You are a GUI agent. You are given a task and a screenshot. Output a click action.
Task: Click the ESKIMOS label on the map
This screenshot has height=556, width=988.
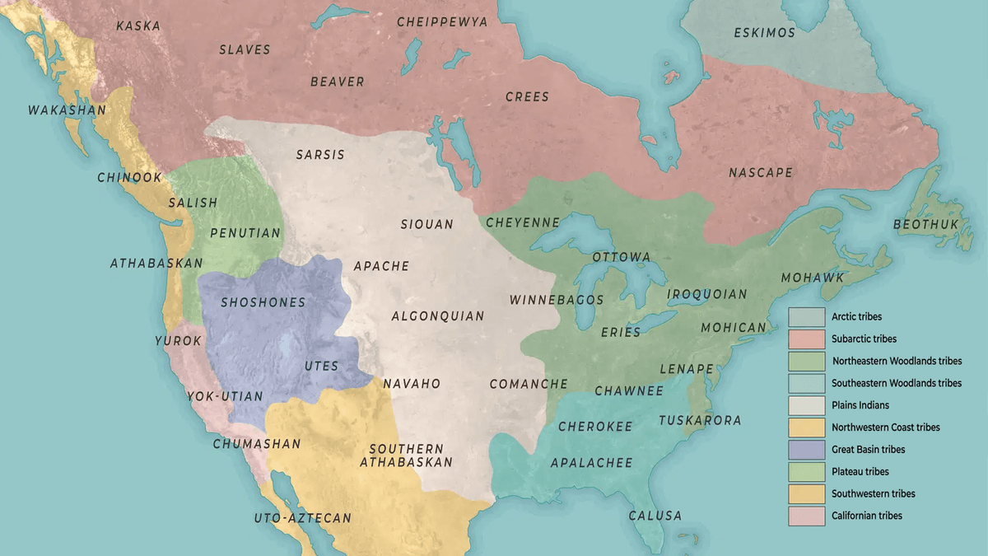pyautogui.click(x=764, y=33)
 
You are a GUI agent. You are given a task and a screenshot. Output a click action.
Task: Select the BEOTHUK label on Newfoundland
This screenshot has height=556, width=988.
pyautogui.click(x=927, y=224)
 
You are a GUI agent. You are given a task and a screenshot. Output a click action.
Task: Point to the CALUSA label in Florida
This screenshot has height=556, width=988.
pyautogui.click(x=655, y=516)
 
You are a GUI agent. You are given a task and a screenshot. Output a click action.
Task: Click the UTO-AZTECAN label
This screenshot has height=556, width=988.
pyautogui.click(x=302, y=518)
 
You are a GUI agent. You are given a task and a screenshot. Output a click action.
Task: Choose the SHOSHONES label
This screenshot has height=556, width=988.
pyautogui.click(x=263, y=302)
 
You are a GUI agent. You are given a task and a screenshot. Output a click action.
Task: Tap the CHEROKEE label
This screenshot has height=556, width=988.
pyautogui.click(x=595, y=427)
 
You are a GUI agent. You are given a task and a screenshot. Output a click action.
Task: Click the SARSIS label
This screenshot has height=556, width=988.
pyautogui.click(x=320, y=155)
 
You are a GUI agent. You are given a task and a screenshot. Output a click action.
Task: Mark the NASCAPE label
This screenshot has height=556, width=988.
pyautogui.click(x=761, y=173)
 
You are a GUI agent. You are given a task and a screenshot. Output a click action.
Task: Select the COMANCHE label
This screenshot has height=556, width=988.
pyautogui.click(x=529, y=384)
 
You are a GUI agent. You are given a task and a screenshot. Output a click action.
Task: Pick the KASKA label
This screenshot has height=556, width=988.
pyautogui.click(x=138, y=26)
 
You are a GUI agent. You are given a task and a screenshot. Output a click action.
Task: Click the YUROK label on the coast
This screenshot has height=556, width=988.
pyautogui.click(x=178, y=340)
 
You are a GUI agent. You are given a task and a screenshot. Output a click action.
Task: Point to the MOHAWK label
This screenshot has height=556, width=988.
pyautogui.click(x=813, y=278)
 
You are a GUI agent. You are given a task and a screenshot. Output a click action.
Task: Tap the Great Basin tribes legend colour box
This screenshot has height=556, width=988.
pyautogui.click(x=807, y=450)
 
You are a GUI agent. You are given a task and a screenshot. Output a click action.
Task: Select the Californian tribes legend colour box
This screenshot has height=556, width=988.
pyautogui.click(x=807, y=516)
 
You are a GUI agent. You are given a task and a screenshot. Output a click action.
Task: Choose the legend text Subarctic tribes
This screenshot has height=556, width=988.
pyautogui.click(x=864, y=339)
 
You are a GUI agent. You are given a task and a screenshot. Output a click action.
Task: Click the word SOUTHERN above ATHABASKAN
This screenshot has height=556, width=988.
pyautogui.click(x=406, y=449)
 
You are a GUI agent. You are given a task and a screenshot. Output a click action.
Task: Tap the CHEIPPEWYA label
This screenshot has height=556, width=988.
pyautogui.click(x=442, y=22)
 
